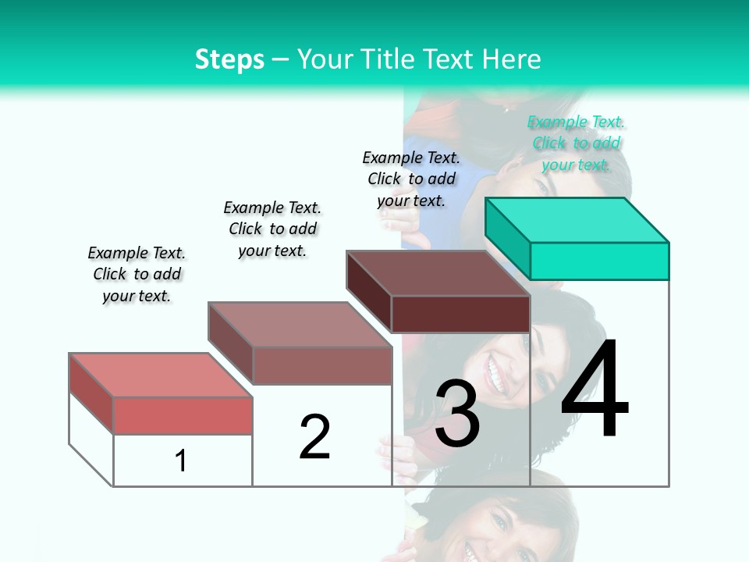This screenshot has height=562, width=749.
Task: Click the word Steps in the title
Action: [229, 59]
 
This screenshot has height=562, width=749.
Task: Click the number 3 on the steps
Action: [457, 414]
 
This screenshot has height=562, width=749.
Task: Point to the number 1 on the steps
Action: [181, 461]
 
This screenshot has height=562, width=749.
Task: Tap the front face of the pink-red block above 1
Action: [183, 415]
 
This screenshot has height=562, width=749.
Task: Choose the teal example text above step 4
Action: [576, 144]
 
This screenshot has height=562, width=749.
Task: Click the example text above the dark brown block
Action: [411, 179]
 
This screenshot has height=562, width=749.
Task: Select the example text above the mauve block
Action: [272, 229]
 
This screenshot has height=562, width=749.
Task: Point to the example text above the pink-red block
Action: [137, 274]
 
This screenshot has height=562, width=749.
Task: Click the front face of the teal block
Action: [599, 261]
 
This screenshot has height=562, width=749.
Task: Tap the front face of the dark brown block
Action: [460, 314]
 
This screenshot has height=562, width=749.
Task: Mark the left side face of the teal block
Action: [507, 238]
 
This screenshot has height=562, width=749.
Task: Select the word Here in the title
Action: [513, 59]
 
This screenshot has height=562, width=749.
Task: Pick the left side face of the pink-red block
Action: [91, 393]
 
